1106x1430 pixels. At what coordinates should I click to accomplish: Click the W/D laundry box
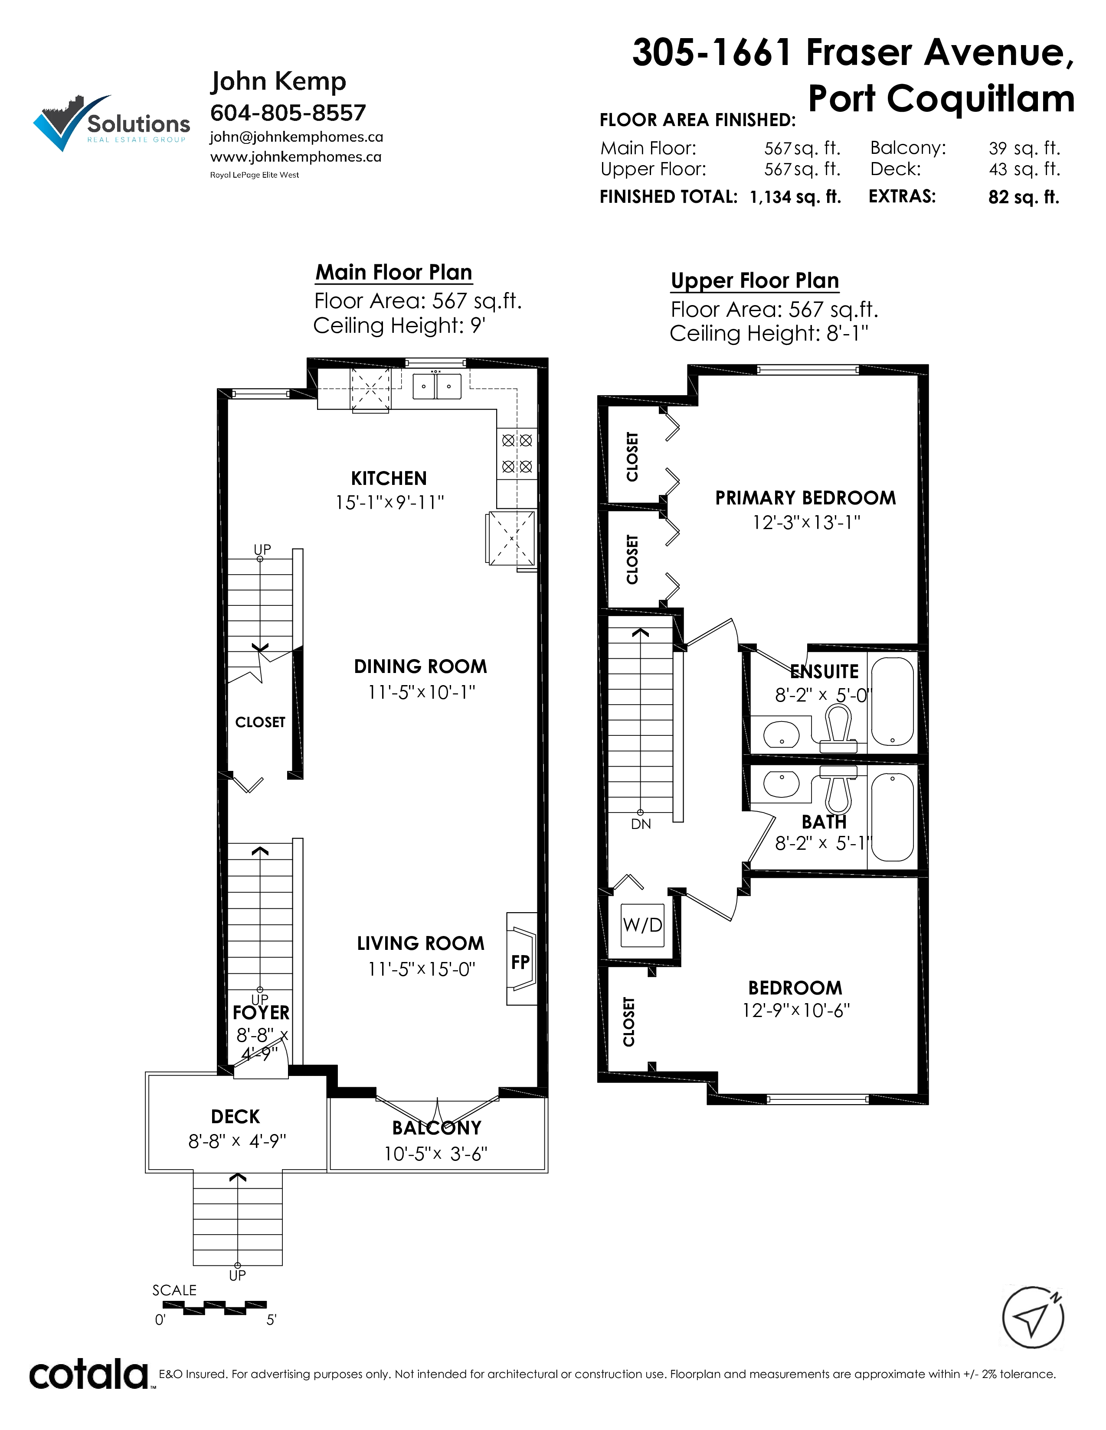pyautogui.click(x=643, y=925)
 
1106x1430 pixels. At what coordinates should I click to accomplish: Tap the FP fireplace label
pyautogui.click(x=520, y=962)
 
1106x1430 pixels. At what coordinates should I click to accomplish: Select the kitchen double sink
pyautogui.click(x=436, y=386)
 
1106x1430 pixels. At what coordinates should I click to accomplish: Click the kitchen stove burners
pyautogui.click(x=517, y=453)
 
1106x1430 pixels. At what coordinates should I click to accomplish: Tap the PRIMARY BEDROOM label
pyautogui.click(x=805, y=497)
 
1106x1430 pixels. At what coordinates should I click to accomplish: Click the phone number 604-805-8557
pyautogui.click(x=288, y=113)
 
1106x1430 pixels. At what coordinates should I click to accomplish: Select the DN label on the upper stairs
pyautogui.click(x=641, y=824)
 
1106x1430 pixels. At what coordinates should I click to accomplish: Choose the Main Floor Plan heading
pyautogui.click(x=394, y=273)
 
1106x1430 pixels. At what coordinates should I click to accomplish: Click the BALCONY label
pyautogui.click(x=437, y=1128)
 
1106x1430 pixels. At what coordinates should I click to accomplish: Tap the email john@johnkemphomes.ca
pyautogui.click(x=296, y=137)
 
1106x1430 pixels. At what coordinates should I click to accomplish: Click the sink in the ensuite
pyautogui.click(x=782, y=734)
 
